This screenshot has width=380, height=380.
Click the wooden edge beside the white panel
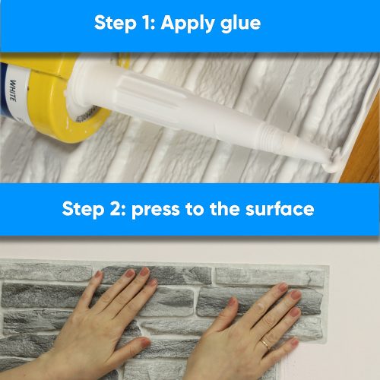[365, 144]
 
